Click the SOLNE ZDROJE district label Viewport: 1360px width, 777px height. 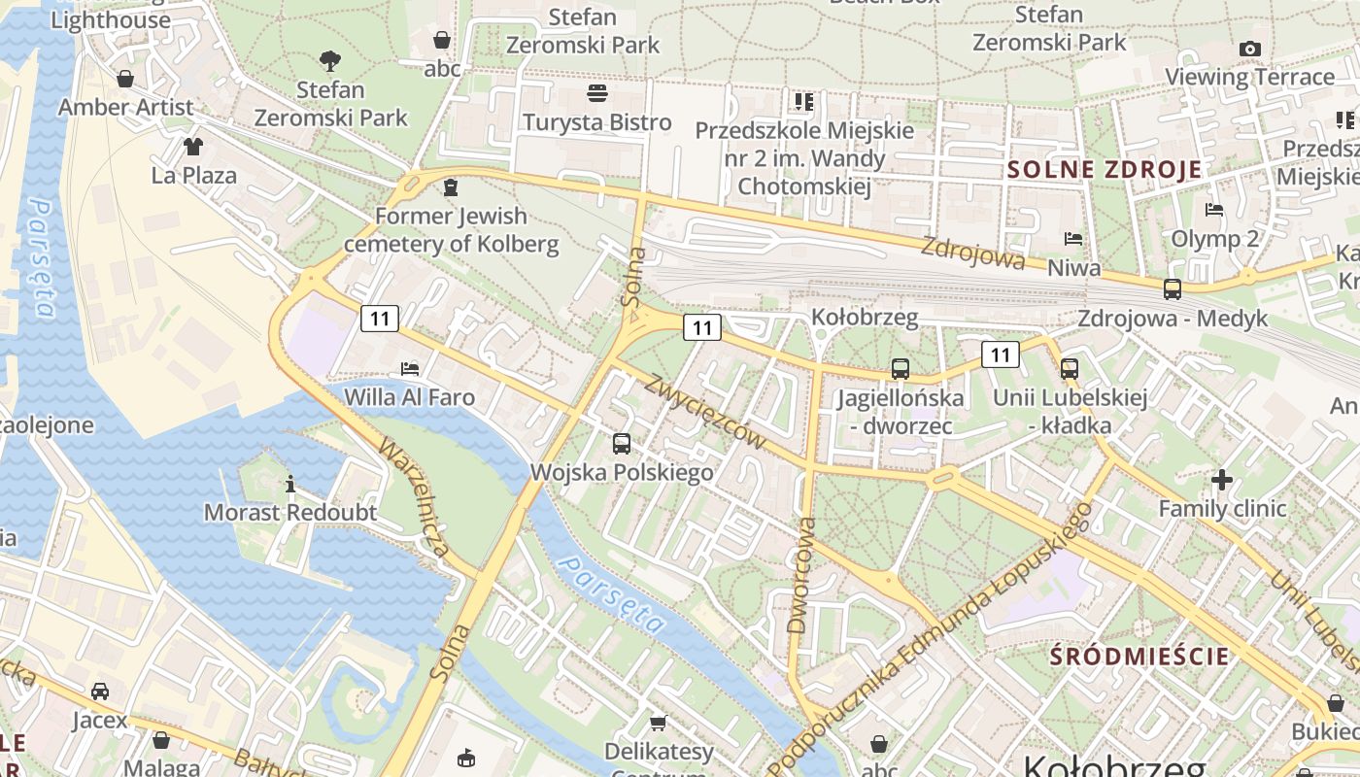1105,170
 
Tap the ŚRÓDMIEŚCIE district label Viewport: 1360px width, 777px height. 1139,656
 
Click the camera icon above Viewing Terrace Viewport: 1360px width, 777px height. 1250,49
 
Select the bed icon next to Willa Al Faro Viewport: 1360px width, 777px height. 410,369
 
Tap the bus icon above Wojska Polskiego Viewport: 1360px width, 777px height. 622,444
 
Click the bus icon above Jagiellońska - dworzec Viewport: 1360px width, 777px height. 901,369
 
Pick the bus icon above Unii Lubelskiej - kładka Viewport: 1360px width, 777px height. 1070,369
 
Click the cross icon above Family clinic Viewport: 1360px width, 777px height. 1222,479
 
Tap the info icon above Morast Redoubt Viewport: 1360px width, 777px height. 289,483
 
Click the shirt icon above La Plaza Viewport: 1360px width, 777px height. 193,147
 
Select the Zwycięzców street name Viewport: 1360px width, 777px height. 703,411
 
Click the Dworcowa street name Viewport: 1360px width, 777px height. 802,575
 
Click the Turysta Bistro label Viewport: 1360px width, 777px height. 597,122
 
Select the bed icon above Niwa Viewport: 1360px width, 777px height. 1073,238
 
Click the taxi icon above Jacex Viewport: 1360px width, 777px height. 99,691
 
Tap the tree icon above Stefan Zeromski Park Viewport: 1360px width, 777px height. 330,61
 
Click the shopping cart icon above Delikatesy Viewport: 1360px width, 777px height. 659,723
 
